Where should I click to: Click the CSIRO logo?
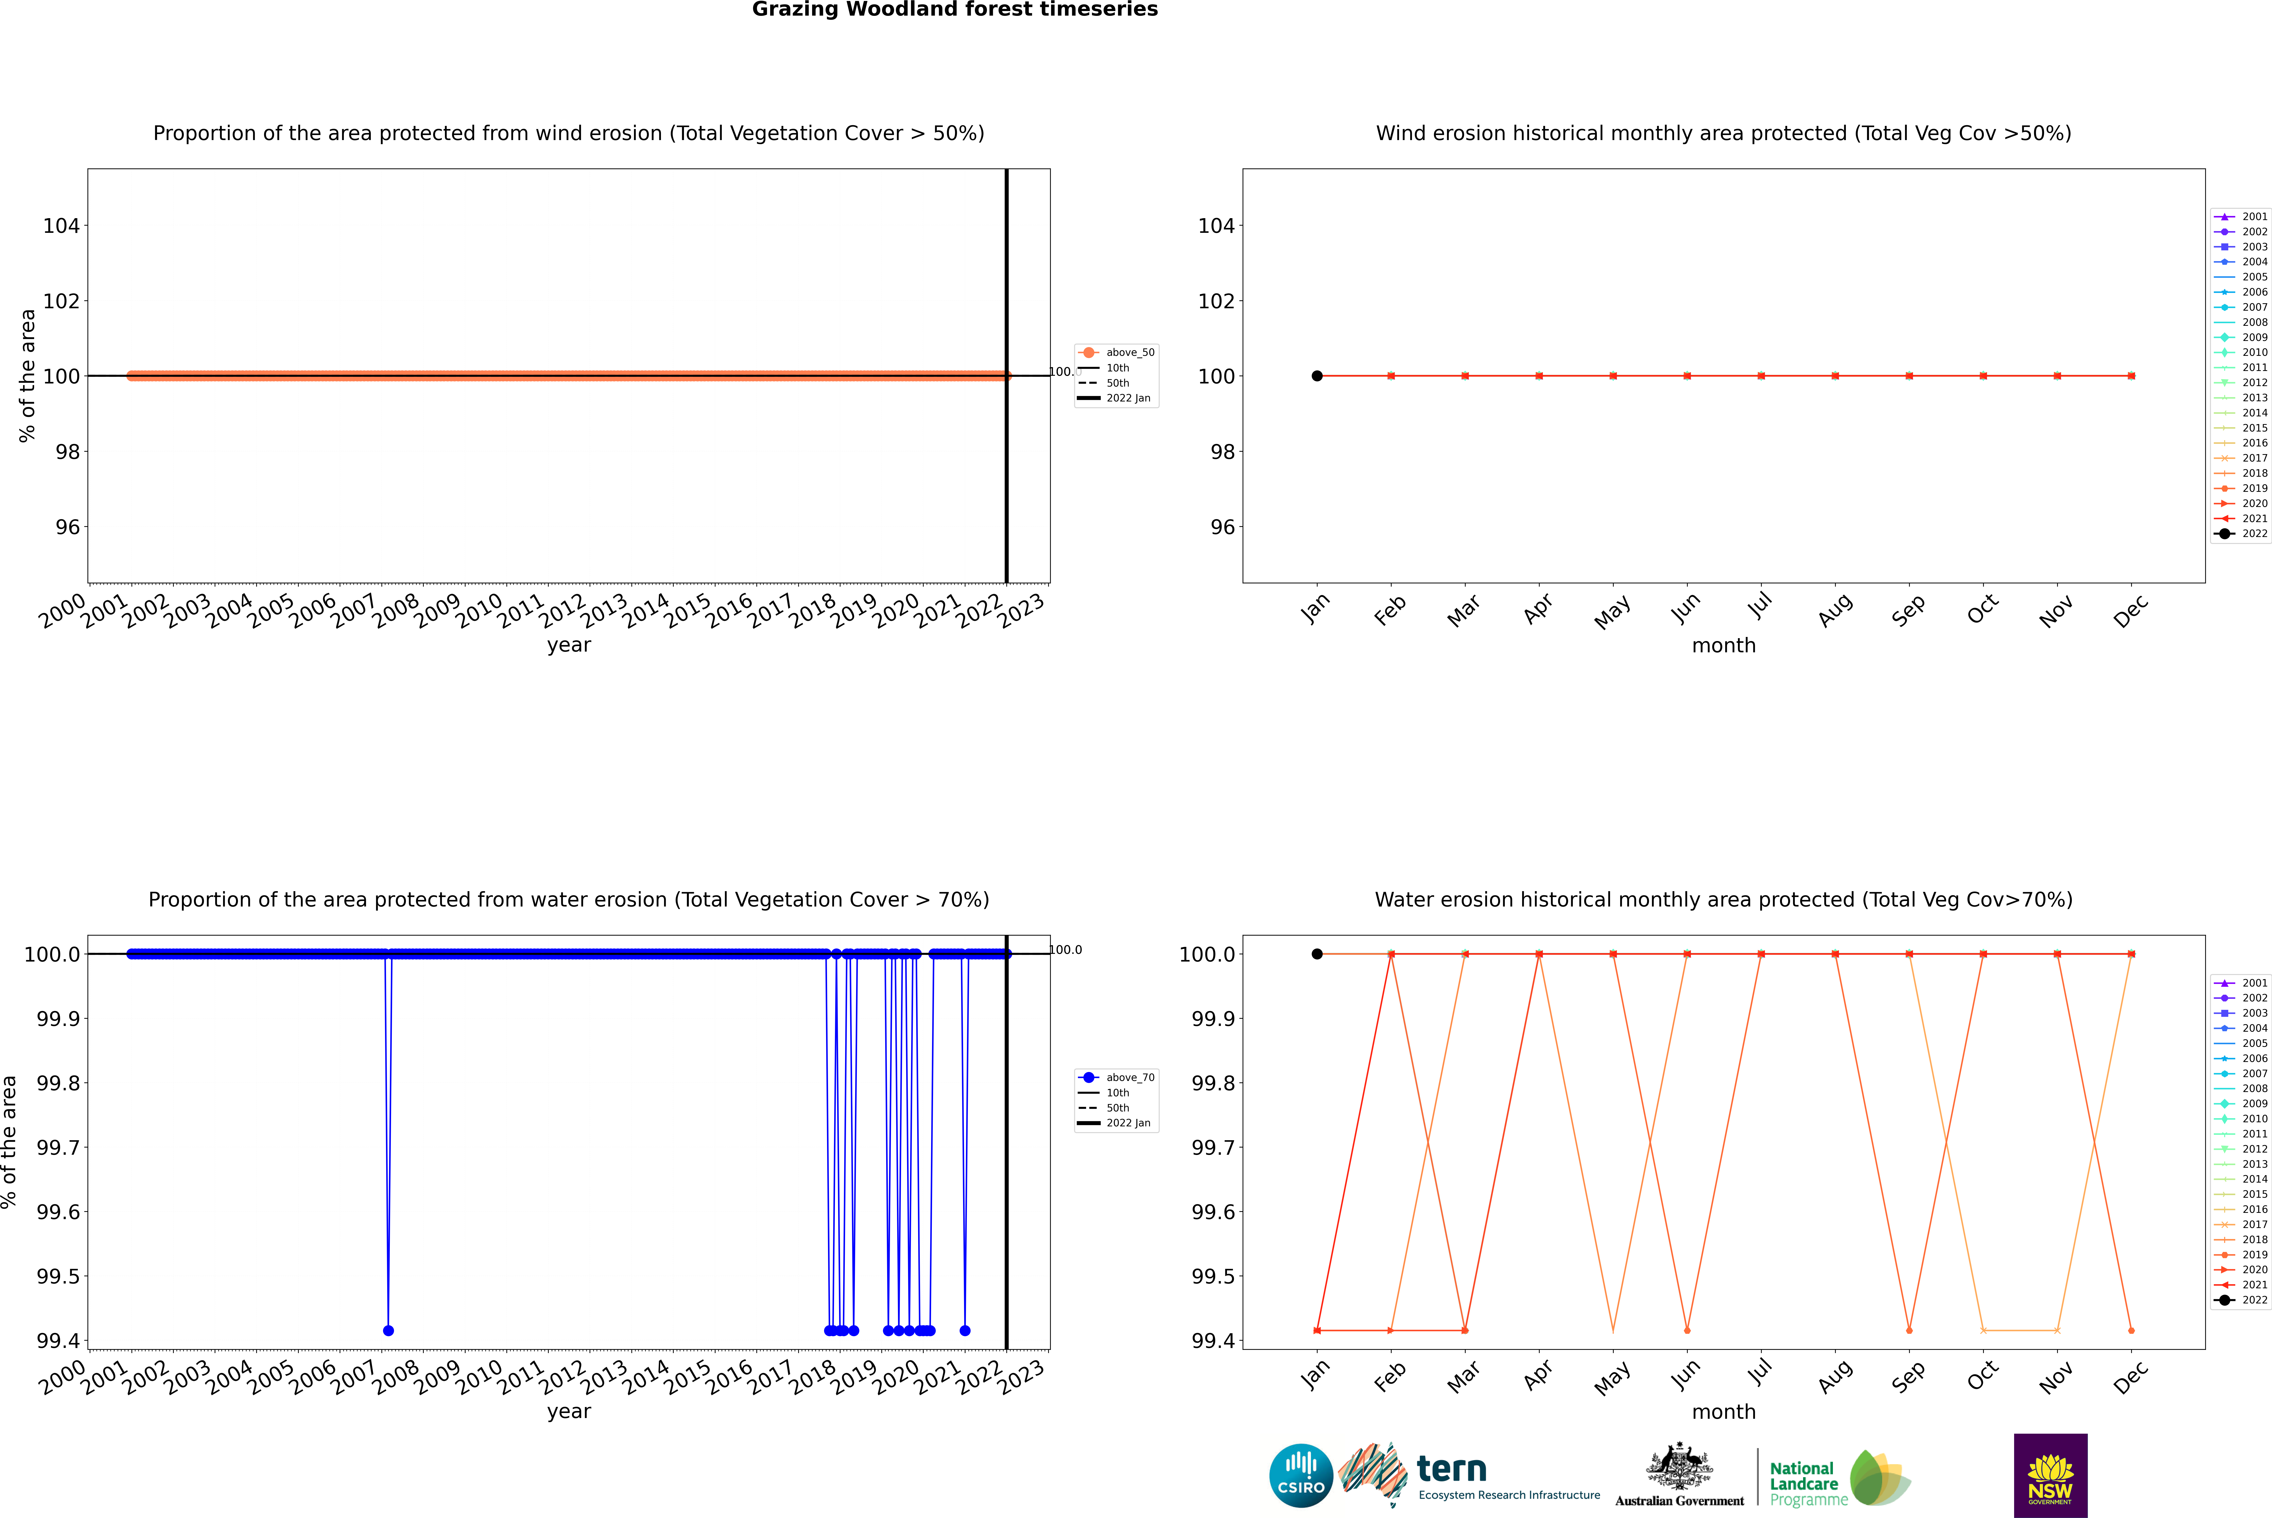(x=1301, y=1475)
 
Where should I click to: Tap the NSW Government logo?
(x=2050, y=1475)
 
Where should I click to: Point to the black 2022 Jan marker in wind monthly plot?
(x=1317, y=376)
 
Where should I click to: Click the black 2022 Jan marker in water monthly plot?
(x=1317, y=954)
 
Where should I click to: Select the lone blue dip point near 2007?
(x=388, y=1330)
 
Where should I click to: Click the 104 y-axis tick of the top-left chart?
(x=61, y=226)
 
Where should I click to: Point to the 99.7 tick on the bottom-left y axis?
(x=58, y=1147)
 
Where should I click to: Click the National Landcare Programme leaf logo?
(x=1879, y=1477)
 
